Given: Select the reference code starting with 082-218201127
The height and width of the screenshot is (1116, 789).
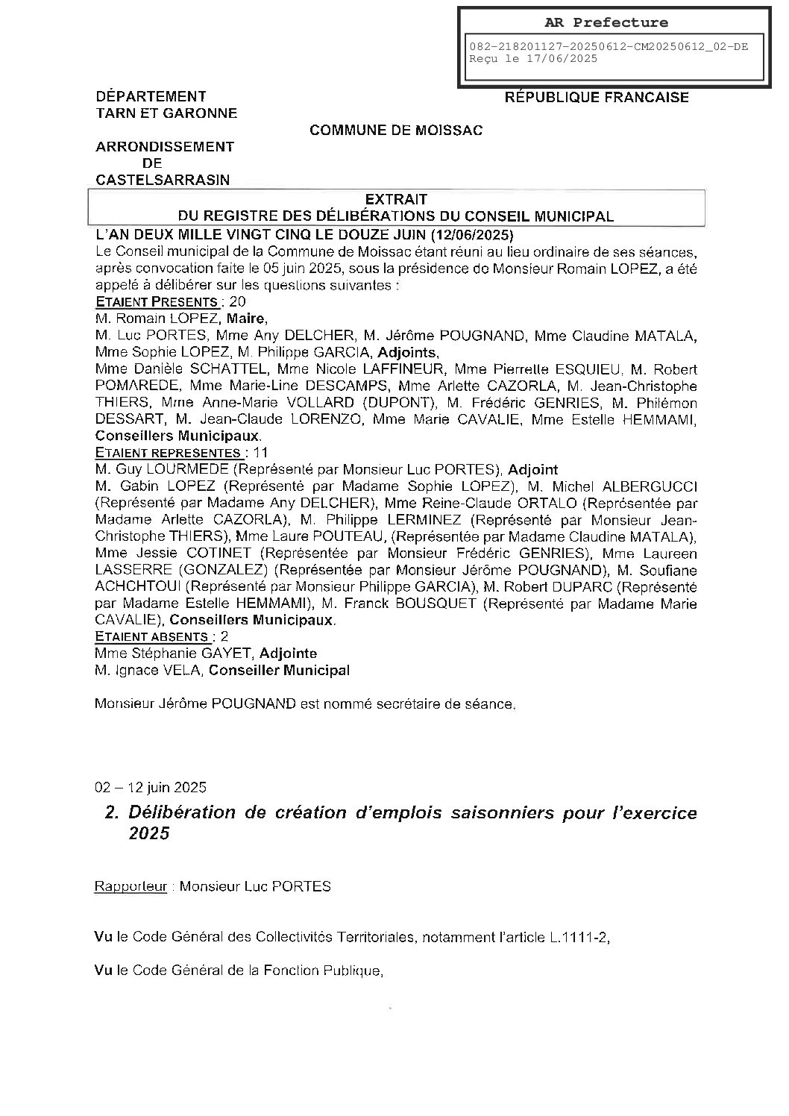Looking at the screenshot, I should point(608,46).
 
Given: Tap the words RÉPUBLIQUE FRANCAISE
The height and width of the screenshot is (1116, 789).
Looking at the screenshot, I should point(597,97).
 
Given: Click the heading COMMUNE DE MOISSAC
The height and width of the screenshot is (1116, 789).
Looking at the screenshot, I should point(396,131).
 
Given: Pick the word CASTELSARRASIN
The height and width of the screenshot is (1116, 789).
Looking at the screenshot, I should point(163,180).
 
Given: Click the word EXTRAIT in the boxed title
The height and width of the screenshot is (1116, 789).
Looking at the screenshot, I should point(396,199).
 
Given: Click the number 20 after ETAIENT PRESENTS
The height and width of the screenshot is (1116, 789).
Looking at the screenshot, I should point(239,302).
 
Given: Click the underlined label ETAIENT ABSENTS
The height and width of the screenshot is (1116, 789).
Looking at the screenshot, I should point(151,637).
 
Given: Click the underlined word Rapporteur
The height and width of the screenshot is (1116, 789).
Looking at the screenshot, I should point(131,887).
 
